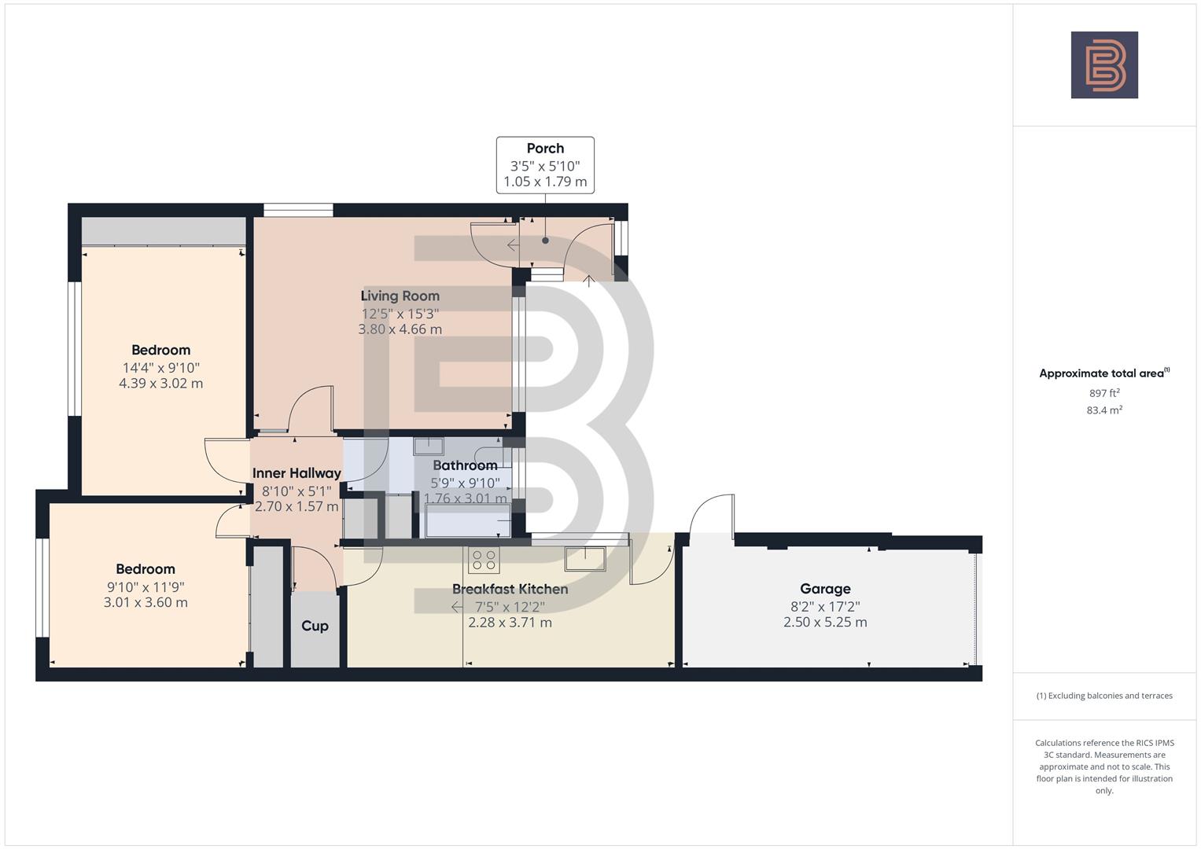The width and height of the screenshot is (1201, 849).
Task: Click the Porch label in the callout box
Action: tap(545, 149)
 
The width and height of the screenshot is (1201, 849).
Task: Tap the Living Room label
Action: tap(400, 296)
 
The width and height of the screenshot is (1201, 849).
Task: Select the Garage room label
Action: tap(825, 589)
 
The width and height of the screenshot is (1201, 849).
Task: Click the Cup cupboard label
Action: tap(315, 626)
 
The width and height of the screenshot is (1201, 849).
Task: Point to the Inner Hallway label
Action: tap(297, 473)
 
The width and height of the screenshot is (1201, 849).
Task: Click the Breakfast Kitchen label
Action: tap(510, 589)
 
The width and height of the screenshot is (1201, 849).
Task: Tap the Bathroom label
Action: tap(465, 465)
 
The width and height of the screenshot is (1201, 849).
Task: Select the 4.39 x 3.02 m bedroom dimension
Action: tap(160, 384)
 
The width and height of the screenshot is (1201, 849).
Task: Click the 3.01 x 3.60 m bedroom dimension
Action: tap(146, 603)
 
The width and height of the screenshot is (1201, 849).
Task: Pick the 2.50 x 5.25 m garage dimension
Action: tap(825, 623)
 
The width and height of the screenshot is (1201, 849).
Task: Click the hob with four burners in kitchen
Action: tap(484, 560)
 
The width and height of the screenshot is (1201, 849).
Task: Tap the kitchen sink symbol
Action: tap(585, 558)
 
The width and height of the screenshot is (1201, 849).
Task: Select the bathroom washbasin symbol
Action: tap(429, 446)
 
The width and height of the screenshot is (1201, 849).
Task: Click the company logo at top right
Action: tap(1104, 65)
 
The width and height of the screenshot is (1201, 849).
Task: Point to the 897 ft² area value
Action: tap(1104, 393)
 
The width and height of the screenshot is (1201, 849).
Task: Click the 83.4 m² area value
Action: tap(1104, 410)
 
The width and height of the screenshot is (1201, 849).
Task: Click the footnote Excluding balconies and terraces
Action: tap(1104, 696)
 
